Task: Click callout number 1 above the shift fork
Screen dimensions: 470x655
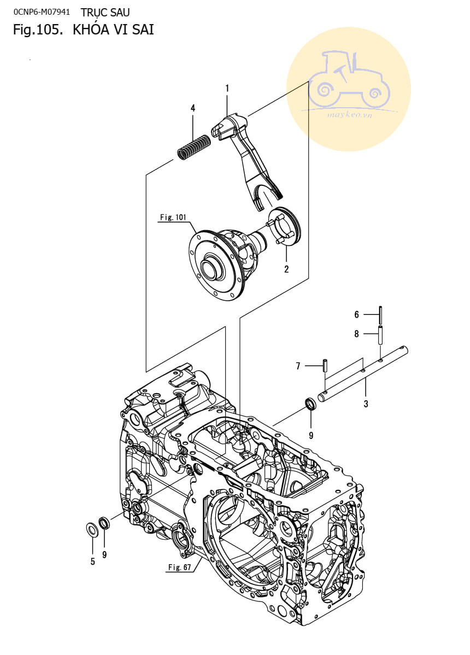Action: pyautogui.click(x=227, y=88)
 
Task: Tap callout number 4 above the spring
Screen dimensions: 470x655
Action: pyautogui.click(x=193, y=108)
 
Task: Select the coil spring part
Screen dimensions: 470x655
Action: pyautogui.click(x=194, y=147)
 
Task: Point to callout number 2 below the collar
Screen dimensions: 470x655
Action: pyautogui.click(x=286, y=269)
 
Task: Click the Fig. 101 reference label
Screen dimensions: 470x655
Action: pyautogui.click(x=173, y=217)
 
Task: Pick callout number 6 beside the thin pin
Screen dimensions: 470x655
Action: pyautogui.click(x=356, y=314)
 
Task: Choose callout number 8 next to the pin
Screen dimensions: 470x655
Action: pyautogui.click(x=356, y=334)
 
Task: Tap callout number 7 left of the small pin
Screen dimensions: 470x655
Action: pyautogui.click(x=298, y=366)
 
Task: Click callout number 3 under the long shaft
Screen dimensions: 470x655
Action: pyautogui.click(x=366, y=403)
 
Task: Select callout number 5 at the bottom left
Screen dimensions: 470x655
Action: pyautogui.click(x=93, y=562)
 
